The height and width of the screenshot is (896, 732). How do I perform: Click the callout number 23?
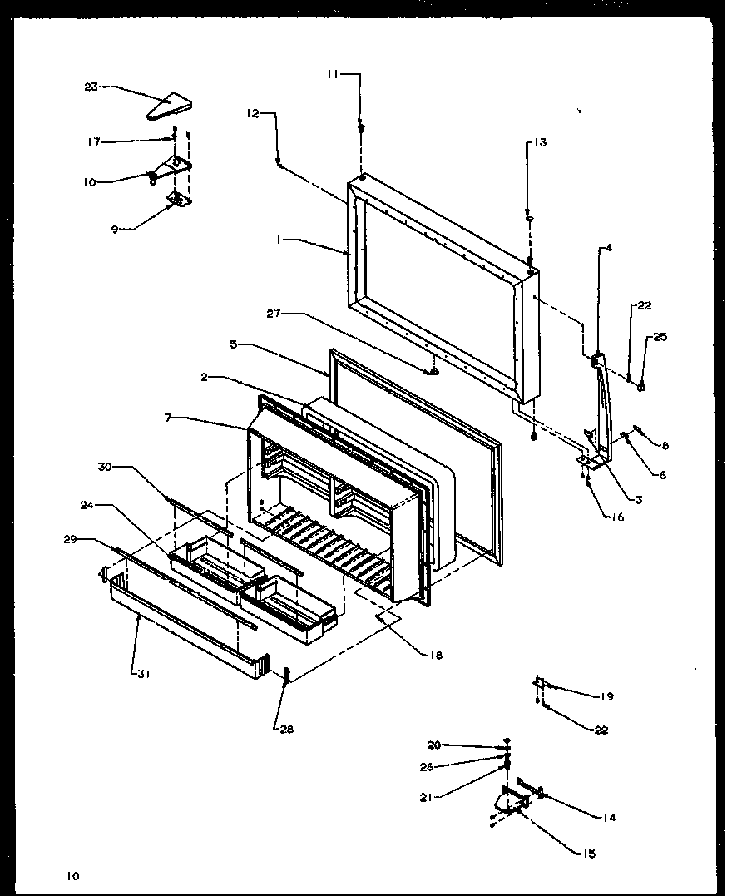point(91,86)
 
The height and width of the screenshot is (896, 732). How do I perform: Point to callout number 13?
point(540,142)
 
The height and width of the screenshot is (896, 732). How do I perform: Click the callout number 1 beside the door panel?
point(282,238)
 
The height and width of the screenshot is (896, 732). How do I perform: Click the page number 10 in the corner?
point(75,874)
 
